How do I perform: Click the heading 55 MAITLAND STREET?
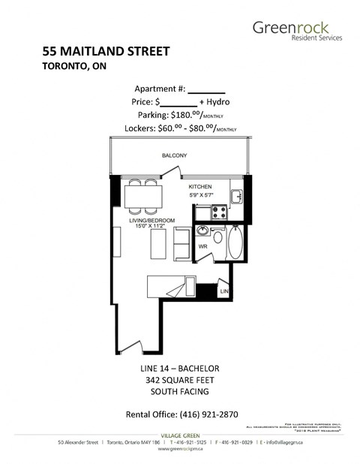(x=106, y=52)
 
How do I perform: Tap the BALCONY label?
(x=174, y=155)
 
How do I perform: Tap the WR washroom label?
(x=202, y=246)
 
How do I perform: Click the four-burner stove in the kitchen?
(x=219, y=212)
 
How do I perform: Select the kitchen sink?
(x=235, y=196)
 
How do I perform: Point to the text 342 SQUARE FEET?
(x=179, y=380)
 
